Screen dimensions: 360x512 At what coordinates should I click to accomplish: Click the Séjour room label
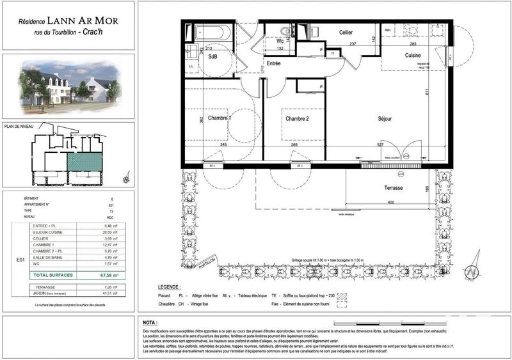tap(384, 119)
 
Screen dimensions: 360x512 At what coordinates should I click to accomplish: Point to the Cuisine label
tap(412, 56)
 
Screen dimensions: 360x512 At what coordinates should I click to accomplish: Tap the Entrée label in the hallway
tap(274, 63)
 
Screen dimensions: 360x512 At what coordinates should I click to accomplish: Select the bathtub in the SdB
tap(216, 31)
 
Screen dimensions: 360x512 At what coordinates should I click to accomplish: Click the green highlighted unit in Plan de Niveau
tap(83, 160)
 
